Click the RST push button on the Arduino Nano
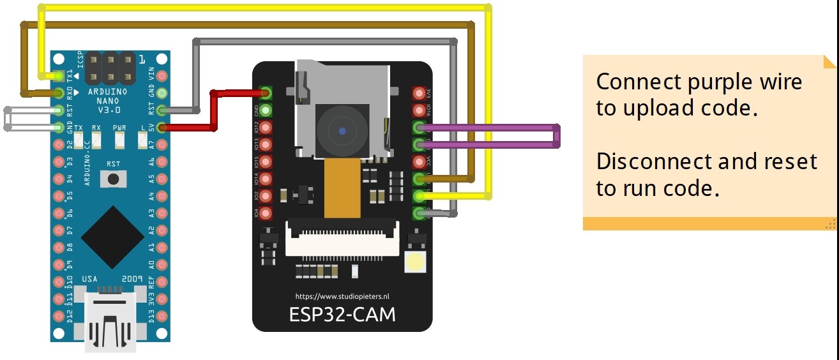114,180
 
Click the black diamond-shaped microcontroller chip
112,237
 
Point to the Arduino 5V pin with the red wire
162,128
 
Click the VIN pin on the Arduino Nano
162,76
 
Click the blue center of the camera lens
343,131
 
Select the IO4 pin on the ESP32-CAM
266,213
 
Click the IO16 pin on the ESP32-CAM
419,109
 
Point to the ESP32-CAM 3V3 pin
419,93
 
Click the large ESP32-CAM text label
342,315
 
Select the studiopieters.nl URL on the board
342,296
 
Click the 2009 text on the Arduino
132,279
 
